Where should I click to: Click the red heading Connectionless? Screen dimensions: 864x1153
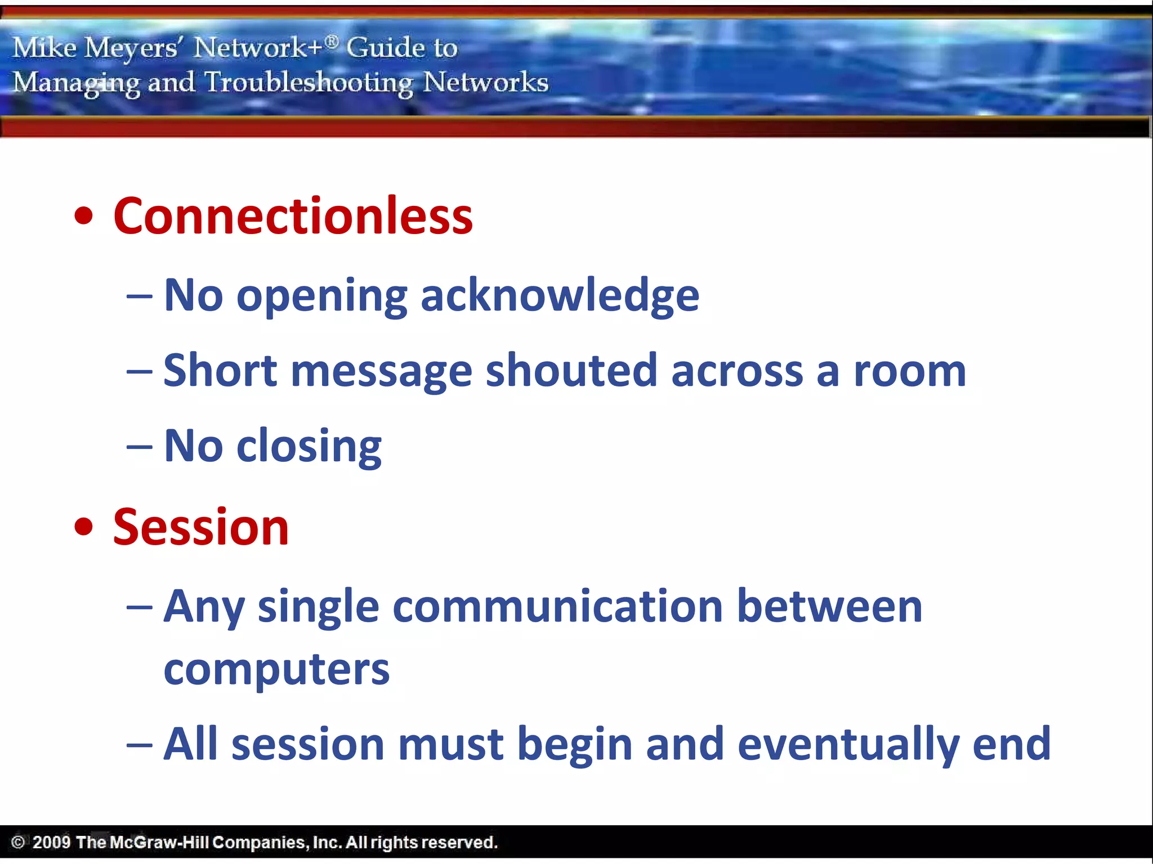click(293, 217)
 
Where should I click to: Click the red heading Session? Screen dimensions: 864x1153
click(201, 528)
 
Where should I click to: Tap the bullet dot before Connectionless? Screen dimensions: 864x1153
click(83, 217)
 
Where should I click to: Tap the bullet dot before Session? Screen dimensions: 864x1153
click(83, 528)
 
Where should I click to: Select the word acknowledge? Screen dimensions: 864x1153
click(560, 296)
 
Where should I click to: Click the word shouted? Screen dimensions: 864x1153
click(571, 371)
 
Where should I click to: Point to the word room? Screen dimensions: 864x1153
click(910, 371)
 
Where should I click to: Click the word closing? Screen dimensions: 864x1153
click(309, 447)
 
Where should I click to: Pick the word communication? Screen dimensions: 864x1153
click(557, 607)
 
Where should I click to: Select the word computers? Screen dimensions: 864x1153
click(276, 670)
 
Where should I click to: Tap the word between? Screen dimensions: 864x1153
click(829, 607)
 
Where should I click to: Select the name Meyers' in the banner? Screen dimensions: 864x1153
click(131, 48)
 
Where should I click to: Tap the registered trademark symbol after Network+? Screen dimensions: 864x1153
click(332, 40)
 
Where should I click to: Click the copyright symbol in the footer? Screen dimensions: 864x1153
click(18, 842)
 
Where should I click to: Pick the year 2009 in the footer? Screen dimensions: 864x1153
click(51, 842)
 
